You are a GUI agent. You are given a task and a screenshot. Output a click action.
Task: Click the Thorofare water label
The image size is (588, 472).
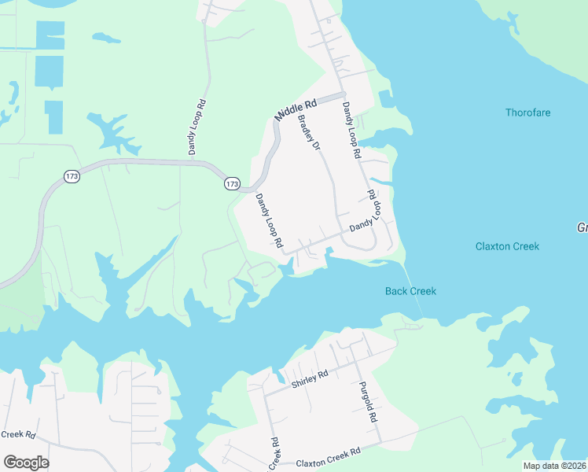tap(527, 112)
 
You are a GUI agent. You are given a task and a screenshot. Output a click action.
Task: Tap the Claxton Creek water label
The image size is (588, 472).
tap(507, 246)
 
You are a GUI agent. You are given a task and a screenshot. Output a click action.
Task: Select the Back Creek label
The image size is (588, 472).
tap(410, 291)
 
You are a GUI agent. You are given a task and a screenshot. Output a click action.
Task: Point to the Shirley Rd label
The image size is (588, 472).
tap(308, 380)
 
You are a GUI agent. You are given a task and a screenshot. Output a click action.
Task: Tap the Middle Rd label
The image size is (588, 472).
tap(295, 109)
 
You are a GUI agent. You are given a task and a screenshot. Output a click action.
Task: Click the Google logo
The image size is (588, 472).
tap(26, 462)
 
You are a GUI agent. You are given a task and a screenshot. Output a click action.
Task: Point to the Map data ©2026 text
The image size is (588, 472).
tap(554, 465)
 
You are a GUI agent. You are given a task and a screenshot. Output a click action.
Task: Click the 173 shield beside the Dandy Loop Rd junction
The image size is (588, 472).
tap(232, 183)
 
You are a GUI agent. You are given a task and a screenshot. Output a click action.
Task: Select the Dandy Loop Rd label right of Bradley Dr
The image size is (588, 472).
tap(351, 131)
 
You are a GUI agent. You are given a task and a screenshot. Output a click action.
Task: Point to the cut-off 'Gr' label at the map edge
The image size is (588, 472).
tap(582, 227)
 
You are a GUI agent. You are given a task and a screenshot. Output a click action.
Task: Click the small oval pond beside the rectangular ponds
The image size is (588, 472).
tap(106, 37)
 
